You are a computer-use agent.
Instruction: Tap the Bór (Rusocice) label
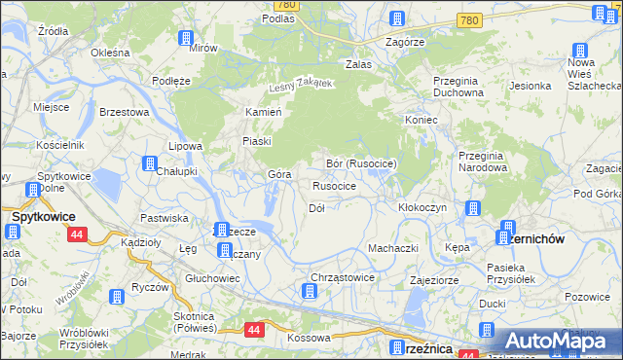361,163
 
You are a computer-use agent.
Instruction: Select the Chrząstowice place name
343,277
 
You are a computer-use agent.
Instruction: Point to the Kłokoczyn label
422,207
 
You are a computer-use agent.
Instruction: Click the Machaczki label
393,248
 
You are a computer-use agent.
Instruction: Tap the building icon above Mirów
185,38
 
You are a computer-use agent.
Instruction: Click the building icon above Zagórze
396,18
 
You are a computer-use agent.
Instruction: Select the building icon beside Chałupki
151,164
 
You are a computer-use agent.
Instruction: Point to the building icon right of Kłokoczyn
472,208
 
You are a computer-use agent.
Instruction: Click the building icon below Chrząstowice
309,291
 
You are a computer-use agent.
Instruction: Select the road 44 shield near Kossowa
254,331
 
